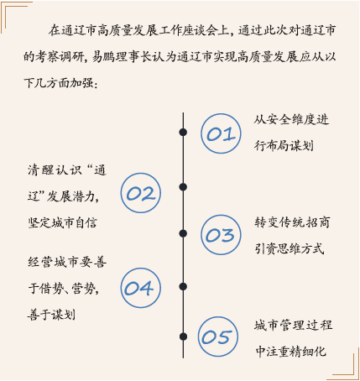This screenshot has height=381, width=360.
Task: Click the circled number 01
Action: click(x=221, y=133)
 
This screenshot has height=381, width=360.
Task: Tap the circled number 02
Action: click(x=141, y=193)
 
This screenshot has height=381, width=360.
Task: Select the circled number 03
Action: click(x=221, y=235)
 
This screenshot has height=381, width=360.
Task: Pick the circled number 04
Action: click(x=141, y=288)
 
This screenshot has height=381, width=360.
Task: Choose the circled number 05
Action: click(x=218, y=337)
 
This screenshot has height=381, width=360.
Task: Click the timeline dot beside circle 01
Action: click(x=183, y=132)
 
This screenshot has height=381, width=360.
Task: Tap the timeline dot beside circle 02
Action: click(x=183, y=187)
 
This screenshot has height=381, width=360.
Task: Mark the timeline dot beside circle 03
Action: click(x=183, y=233)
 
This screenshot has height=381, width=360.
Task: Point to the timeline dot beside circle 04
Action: click(x=183, y=286)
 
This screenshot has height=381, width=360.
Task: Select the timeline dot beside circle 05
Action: click(x=183, y=337)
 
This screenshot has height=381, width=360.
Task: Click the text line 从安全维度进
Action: click(x=291, y=120)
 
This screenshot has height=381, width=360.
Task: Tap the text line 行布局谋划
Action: click(x=284, y=145)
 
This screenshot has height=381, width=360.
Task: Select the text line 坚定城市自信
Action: click(x=62, y=223)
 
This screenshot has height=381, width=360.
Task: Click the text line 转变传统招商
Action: click(x=292, y=222)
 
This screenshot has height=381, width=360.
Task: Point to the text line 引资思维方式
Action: click(x=290, y=248)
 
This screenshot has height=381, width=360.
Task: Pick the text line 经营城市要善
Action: click(x=67, y=262)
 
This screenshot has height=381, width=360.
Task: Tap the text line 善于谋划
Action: click(x=51, y=315)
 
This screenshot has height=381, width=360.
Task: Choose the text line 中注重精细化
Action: click(x=291, y=352)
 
